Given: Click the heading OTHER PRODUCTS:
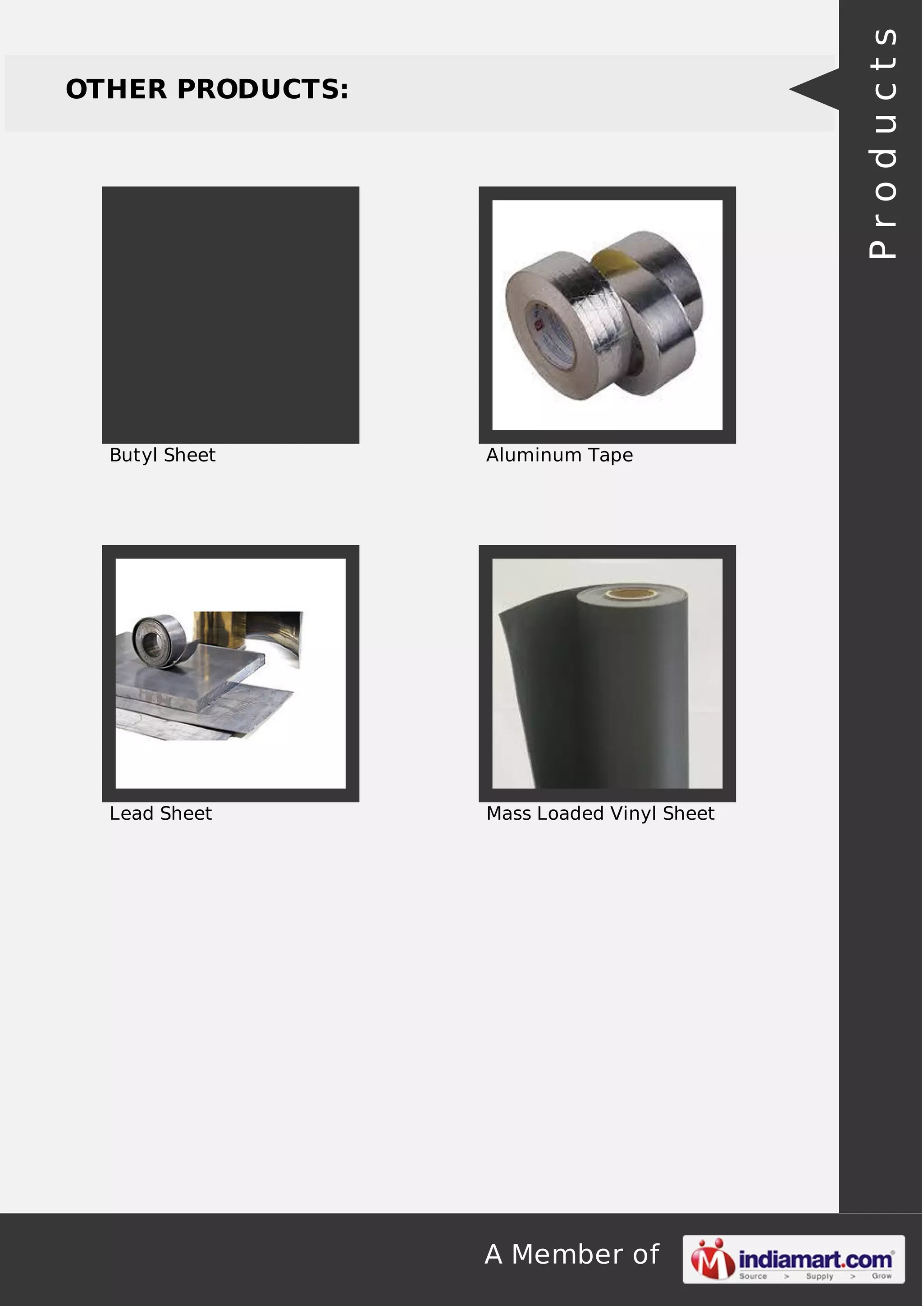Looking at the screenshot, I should click(x=207, y=89).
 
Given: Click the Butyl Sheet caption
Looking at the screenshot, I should click(x=163, y=455).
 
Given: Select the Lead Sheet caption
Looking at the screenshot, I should click(x=160, y=813).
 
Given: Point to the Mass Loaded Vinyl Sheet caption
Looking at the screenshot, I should click(x=600, y=813).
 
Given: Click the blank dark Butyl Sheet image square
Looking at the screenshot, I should click(x=230, y=315).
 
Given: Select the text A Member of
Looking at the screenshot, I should click(x=571, y=1254).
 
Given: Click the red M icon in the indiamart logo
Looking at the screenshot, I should click(x=712, y=1259).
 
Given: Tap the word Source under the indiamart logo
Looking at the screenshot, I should click(x=753, y=1276).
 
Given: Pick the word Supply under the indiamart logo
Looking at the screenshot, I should click(x=819, y=1276).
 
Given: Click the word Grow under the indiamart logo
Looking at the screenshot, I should click(x=882, y=1276).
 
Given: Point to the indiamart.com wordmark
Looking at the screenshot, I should click(x=815, y=1259).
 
